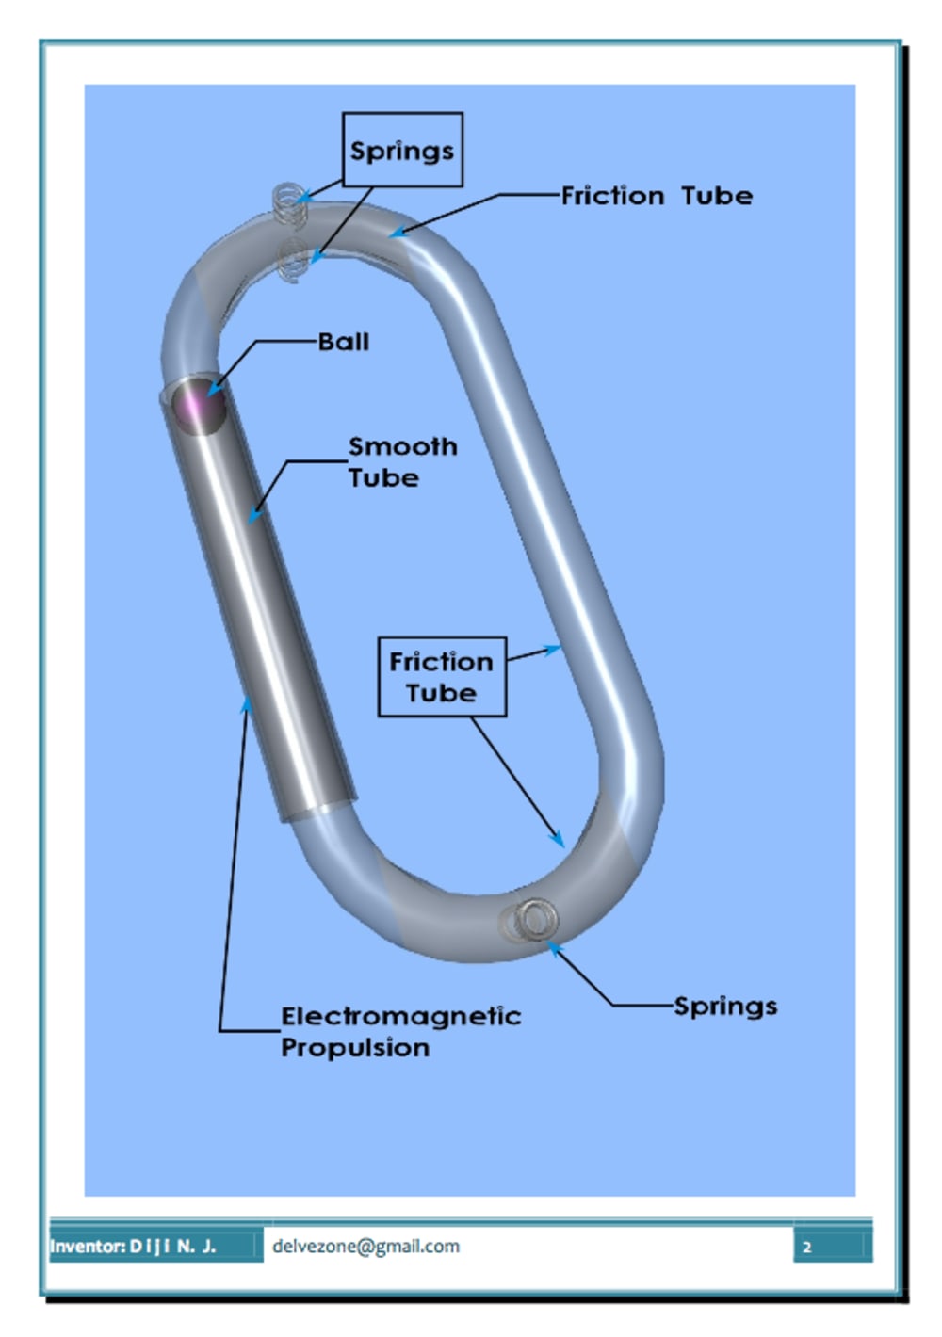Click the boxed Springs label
click(x=402, y=151)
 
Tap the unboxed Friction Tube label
click(x=657, y=196)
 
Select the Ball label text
click(x=344, y=342)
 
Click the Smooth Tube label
click(x=401, y=461)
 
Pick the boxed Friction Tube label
click(x=441, y=677)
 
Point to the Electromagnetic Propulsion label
click(x=399, y=1031)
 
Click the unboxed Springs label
click(x=725, y=1006)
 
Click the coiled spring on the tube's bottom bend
click(x=529, y=921)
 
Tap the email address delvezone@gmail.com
click(x=365, y=1246)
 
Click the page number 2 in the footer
click(x=806, y=1247)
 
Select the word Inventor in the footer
click(x=87, y=1247)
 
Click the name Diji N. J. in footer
click(x=173, y=1247)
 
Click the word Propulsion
click(x=355, y=1047)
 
